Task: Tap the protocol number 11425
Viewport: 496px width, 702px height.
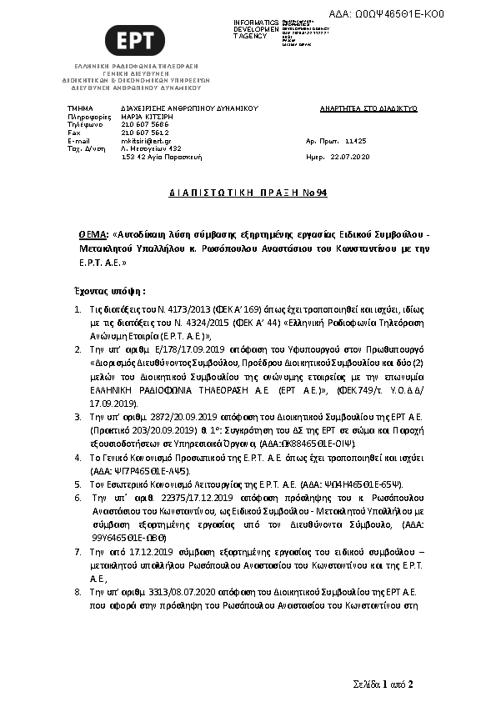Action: click(x=355, y=142)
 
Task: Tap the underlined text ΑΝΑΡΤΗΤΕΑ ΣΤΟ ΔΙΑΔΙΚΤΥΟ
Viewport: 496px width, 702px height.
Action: click(x=368, y=109)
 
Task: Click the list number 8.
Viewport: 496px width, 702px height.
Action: click(x=78, y=590)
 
